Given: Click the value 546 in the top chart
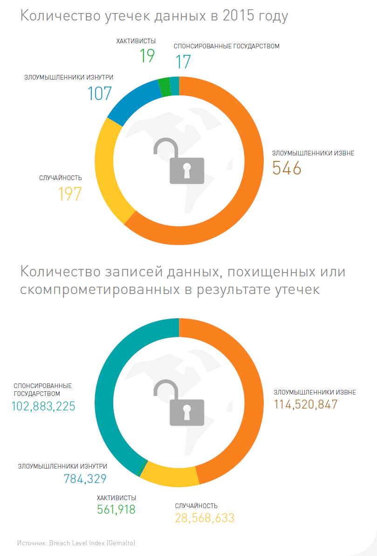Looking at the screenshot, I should coord(287,168).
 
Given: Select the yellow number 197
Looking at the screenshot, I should coord(70,194).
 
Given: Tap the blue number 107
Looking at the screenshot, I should coord(100,94).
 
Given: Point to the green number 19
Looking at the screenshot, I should coord(147,56).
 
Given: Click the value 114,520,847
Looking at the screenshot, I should coord(306,404).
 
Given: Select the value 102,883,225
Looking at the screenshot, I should coord(43,406).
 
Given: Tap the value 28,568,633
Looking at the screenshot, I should coord(205,518).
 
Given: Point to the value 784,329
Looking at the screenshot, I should coord(85,478).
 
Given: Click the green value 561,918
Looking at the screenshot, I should coord(116,509).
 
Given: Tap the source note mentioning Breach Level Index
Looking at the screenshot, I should coord(76,543).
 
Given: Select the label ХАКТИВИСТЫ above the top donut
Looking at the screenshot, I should coord(136,41).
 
